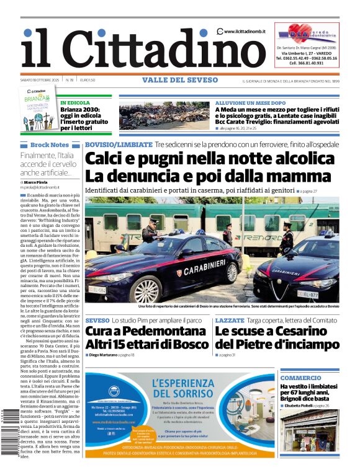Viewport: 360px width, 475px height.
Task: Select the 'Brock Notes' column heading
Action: pyautogui.click(x=49, y=144)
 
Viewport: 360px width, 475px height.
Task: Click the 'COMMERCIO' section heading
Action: pyautogui.click(x=300, y=378)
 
